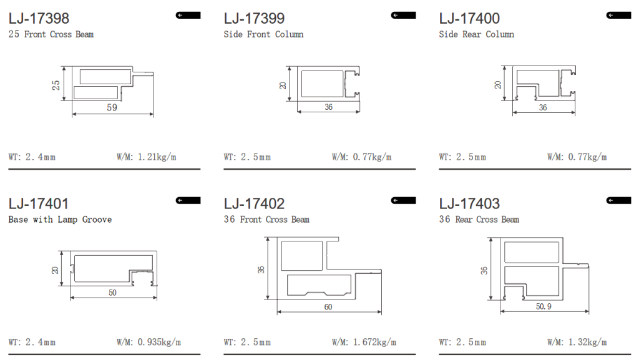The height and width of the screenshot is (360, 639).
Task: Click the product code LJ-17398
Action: coord(39,18)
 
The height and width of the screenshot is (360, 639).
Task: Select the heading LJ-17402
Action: coord(254,203)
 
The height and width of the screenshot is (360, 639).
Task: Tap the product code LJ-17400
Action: coord(469,18)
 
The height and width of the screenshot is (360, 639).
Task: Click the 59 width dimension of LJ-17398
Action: coord(112,107)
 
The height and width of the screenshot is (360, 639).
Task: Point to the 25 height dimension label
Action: coord(56,85)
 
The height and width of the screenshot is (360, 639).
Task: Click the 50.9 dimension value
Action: coord(544,306)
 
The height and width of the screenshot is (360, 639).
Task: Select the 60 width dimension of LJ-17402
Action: coord(328,307)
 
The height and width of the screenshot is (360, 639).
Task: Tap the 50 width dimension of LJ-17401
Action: coord(112,293)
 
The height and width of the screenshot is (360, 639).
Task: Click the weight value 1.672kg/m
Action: coord(374,342)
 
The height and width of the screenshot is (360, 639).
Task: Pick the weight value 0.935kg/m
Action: coord(159,342)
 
